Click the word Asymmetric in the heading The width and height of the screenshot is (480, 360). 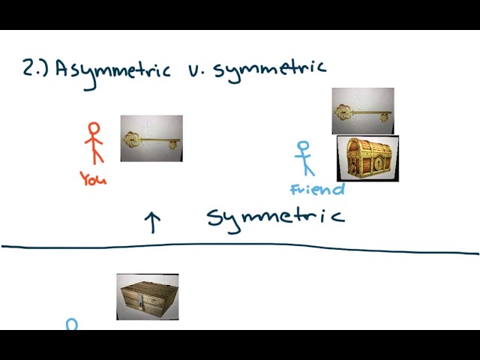click(x=112, y=72)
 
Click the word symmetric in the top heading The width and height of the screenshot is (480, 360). click(x=269, y=70)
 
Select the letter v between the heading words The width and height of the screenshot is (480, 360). click(x=192, y=70)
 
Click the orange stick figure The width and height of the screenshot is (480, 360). click(x=94, y=143)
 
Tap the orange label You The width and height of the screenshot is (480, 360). click(x=93, y=178)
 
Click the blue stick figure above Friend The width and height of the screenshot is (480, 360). click(x=304, y=158)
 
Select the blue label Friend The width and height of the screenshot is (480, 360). click(x=317, y=189)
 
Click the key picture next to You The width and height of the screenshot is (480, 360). click(x=151, y=138)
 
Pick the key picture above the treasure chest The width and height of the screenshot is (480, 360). click(x=363, y=111)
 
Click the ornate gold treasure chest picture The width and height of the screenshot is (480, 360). click(x=367, y=158)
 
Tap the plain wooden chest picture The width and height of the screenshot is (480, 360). click(x=148, y=297)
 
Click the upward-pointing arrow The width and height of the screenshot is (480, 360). click(x=152, y=222)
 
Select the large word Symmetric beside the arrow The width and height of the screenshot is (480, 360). click(x=276, y=219)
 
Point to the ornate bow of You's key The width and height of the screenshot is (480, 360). click(x=132, y=140)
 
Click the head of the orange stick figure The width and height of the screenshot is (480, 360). click(x=94, y=128)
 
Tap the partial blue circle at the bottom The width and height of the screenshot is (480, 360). click(x=72, y=323)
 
